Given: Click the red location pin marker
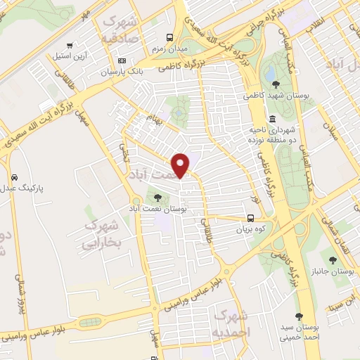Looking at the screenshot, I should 181,165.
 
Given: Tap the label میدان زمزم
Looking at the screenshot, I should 167,49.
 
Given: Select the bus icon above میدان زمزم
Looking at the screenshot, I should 169,38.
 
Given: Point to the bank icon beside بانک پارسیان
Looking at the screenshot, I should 122,60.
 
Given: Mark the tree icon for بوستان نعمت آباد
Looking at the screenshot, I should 157,198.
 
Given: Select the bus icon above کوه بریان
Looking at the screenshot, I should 251,218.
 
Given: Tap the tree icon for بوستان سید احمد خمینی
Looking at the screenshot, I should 300,317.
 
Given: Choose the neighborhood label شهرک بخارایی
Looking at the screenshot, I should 102,234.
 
